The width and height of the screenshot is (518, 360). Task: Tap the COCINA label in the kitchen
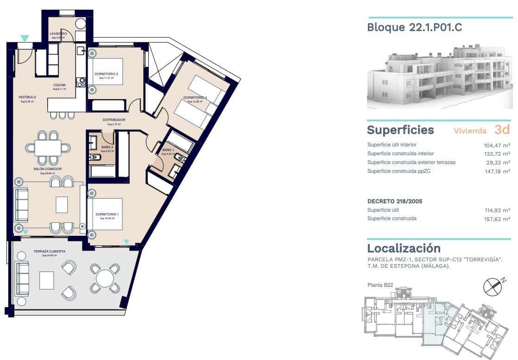point(59,85)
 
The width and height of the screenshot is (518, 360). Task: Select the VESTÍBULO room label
point(27,97)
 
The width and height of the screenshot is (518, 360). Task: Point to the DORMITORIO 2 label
point(106,74)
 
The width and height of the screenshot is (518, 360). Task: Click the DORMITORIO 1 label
point(107,214)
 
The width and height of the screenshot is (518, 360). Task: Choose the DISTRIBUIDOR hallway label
point(114,120)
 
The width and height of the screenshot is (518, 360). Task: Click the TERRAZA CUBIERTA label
point(49,251)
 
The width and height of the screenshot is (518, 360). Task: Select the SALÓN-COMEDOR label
point(47,169)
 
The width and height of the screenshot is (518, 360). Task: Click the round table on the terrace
point(105,278)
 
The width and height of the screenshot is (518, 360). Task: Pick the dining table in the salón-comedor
point(48,148)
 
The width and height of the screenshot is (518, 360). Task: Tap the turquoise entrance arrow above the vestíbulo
point(25,38)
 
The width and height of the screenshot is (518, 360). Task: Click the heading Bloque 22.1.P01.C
point(414,27)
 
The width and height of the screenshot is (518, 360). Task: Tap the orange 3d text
point(502,129)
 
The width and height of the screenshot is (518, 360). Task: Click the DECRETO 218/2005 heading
point(395,201)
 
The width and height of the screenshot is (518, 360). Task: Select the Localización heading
point(404,248)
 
